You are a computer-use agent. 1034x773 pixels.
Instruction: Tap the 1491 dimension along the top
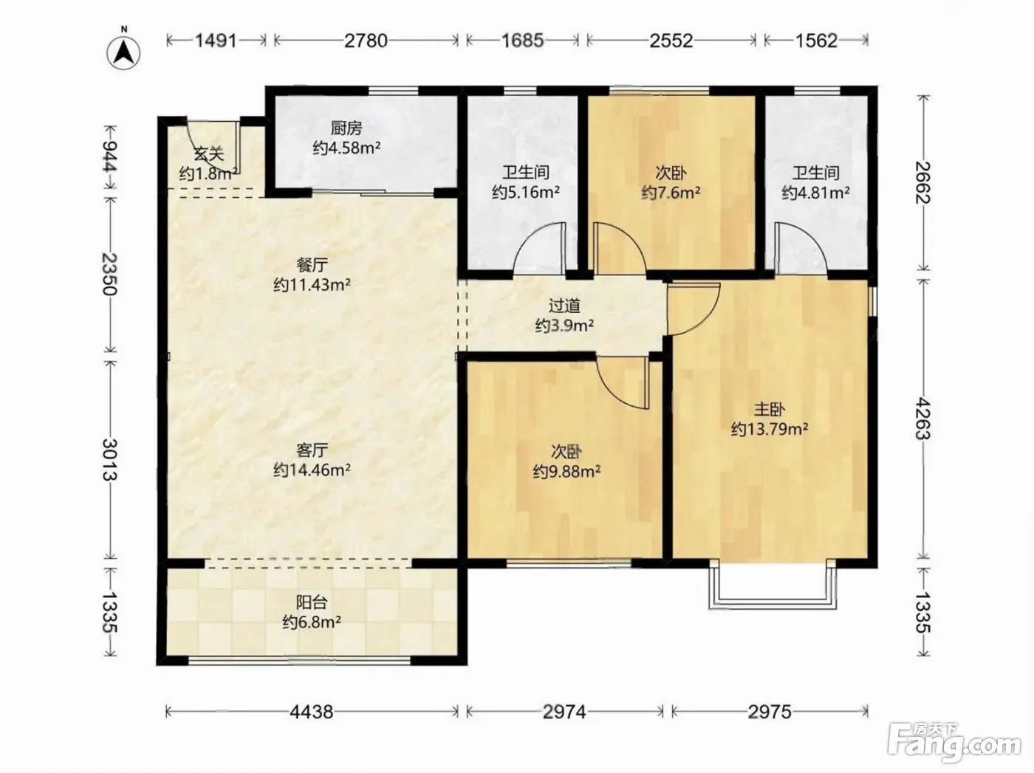[216, 41]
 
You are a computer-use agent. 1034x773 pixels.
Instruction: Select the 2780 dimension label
[366, 41]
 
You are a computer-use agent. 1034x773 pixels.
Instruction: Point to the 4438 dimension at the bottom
[312, 712]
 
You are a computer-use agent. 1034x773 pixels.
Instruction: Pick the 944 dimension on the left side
[110, 157]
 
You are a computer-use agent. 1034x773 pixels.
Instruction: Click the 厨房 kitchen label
[346, 128]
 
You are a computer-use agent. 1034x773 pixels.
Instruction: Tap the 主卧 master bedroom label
[770, 410]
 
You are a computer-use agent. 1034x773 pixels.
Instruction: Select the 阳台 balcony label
[312, 602]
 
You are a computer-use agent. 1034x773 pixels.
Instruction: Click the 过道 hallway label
[564, 306]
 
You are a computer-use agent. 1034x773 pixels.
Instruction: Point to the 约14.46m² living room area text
[312, 470]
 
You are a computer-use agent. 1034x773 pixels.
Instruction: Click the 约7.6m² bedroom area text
[671, 193]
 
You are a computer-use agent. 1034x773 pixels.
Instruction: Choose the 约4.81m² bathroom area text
[816, 193]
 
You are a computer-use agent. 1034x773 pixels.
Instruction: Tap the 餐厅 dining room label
[312, 265]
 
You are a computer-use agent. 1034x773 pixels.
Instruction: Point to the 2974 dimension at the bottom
[564, 712]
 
